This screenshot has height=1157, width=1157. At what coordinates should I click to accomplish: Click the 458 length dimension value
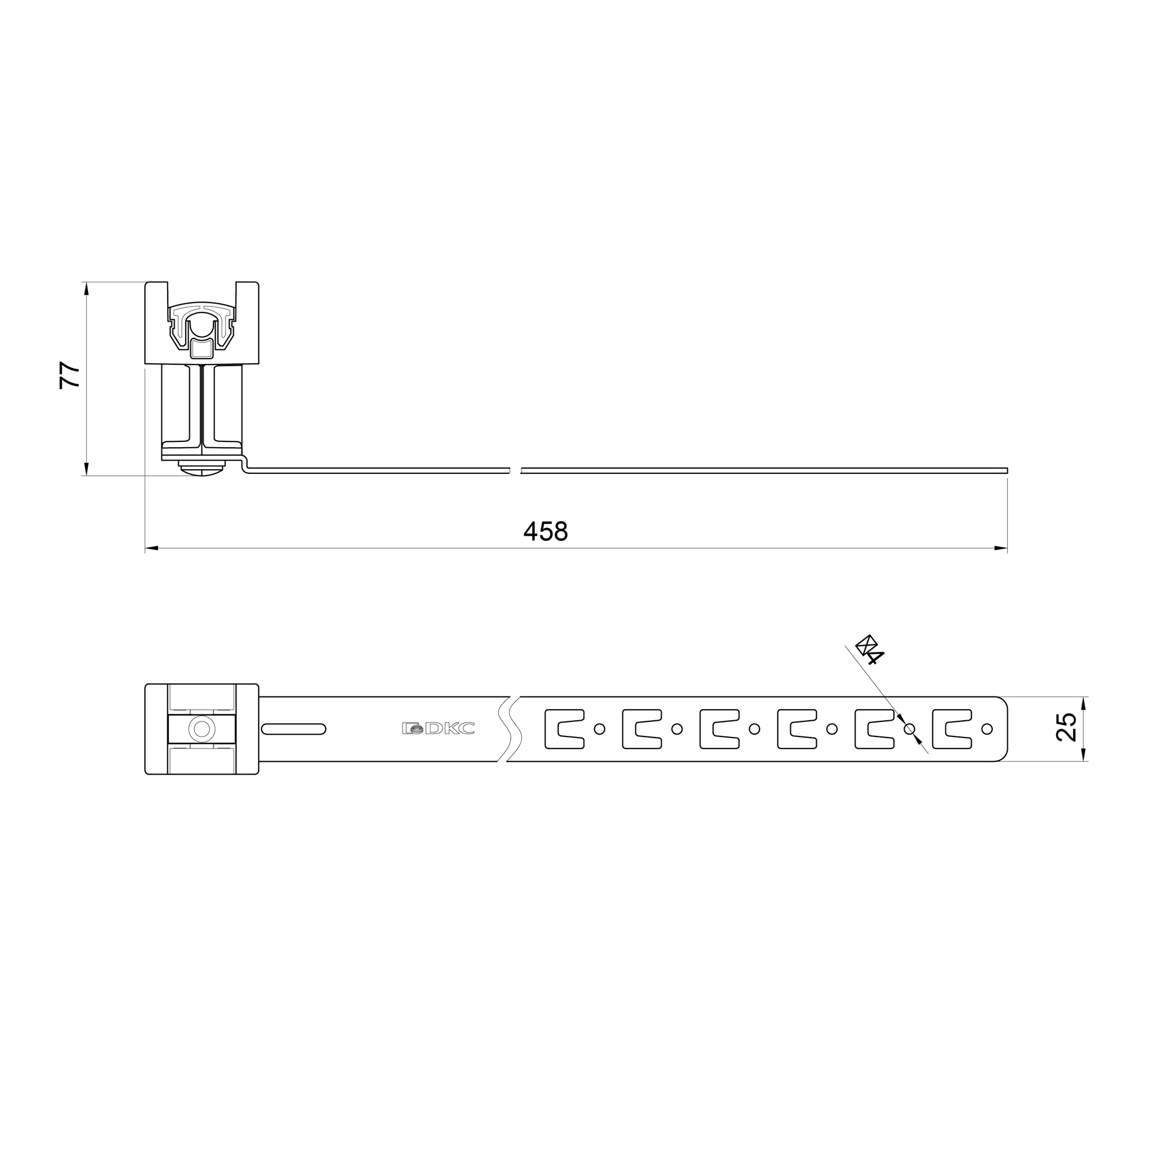click(545, 531)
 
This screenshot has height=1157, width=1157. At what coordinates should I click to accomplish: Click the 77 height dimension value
click(71, 375)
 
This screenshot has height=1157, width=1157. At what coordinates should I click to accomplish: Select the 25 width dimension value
click(1067, 727)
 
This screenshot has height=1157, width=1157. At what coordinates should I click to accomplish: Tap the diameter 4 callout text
click(870, 649)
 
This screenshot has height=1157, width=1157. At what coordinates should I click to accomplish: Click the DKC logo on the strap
click(439, 728)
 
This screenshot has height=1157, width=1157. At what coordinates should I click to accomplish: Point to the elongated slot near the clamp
click(293, 729)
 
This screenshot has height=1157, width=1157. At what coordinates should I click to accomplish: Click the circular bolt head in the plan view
click(202, 729)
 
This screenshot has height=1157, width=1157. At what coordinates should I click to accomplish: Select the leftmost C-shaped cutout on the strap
click(564, 729)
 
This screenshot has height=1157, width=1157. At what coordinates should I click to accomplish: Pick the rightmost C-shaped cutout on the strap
click(952, 729)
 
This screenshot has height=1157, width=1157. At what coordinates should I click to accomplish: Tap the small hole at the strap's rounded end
click(987, 729)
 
